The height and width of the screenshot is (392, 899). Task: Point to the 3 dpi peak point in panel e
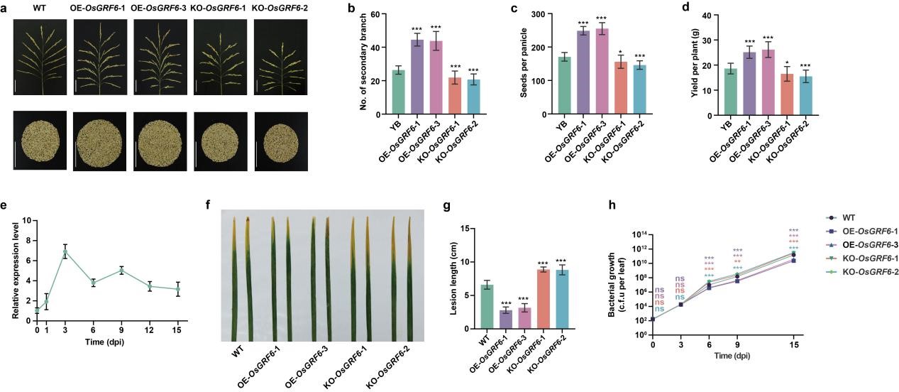65,252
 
